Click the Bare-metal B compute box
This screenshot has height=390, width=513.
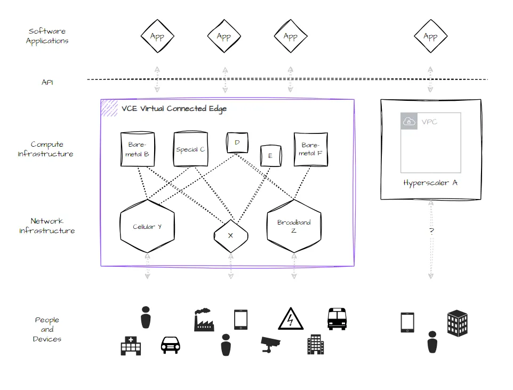(138, 149)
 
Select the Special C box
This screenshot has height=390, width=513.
(190, 149)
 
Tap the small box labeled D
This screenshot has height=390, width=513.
(237, 143)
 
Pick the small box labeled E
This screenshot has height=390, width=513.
(270, 156)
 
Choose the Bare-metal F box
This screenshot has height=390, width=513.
(310, 149)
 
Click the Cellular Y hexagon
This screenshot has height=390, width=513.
(147, 227)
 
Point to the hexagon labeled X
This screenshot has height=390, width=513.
(230, 235)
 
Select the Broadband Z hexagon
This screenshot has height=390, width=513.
(294, 227)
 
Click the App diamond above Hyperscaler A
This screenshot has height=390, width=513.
(430, 37)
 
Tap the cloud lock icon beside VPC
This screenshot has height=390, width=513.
(409, 121)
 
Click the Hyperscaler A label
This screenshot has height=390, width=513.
(430, 183)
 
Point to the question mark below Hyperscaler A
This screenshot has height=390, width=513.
(431, 231)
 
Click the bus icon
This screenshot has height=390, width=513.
(337, 319)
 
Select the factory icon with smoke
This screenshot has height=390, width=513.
(203, 320)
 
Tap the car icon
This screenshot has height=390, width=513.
(170, 345)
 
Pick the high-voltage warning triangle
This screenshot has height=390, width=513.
(291, 319)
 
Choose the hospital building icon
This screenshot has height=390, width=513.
(131, 346)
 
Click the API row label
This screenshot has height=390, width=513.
(47, 83)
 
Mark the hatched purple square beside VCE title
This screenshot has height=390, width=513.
(109, 108)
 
